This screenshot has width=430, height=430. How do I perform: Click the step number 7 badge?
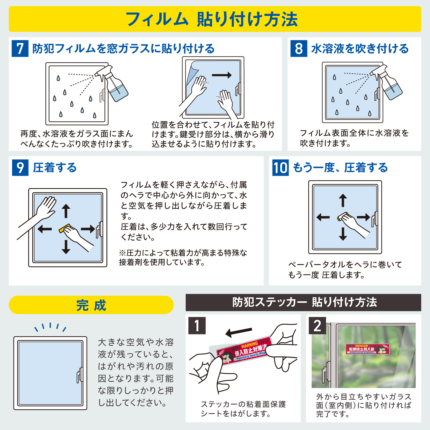[x=20, y=49]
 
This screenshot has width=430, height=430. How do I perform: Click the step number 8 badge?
[x=299, y=49]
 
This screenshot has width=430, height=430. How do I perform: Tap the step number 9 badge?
[x=20, y=168]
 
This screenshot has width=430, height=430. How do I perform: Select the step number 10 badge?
[x=280, y=168]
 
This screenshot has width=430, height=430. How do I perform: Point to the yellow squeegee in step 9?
[x=65, y=228]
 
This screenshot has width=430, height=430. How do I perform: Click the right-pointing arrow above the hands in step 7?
[x=222, y=75]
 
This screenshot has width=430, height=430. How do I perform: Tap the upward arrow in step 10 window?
[x=343, y=200]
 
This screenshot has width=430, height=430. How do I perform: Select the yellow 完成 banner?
[x=91, y=305]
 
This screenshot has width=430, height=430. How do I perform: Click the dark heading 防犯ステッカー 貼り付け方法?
[x=303, y=302]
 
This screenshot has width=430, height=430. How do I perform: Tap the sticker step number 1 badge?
[x=197, y=325]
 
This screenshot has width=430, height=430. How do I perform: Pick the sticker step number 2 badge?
[x=317, y=325]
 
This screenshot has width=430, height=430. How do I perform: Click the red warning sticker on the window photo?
[x=367, y=349]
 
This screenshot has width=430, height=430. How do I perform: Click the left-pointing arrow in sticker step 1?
[x=239, y=332]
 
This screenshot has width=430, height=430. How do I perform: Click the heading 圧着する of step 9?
[x=55, y=168]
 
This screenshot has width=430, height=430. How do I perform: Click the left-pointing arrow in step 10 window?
[x=323, y=217]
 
